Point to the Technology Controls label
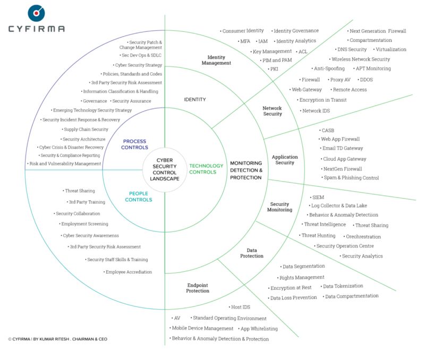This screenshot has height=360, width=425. tap(207, 169)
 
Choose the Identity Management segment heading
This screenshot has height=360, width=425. tap(216, 59)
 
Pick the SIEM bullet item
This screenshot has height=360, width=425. tap(319, 197)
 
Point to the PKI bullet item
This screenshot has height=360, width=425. tap(274, 69)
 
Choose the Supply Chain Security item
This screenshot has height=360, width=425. tap(85, 129)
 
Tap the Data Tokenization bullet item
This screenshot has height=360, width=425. tap(343, 286)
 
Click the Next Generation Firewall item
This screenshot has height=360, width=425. tap(378, 31)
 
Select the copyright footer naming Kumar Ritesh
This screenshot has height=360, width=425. tap(57, 338)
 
